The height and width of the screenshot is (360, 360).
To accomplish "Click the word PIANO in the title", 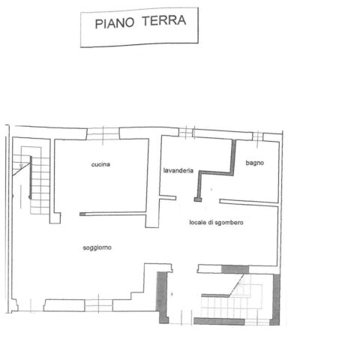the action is coord(115,23).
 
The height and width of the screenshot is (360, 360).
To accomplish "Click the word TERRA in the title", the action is coord(164,20).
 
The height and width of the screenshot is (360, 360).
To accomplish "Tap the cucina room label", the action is coord(100,164).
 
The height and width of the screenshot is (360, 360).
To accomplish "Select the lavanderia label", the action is coord(178,170).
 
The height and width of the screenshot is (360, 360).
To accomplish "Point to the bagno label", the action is coord(255,163).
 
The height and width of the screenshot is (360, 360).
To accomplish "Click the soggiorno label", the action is coord(97,247).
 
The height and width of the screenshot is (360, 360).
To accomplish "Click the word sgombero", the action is coord(229,223).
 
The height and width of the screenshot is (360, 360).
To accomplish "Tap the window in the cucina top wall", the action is coord(103,134).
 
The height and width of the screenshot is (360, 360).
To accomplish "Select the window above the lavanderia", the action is coord(186,133).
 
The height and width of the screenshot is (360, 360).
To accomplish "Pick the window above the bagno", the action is coord(258,136).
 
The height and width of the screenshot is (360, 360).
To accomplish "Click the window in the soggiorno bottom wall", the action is coord(98,305).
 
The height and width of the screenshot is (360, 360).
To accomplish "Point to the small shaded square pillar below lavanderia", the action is coord(198,199).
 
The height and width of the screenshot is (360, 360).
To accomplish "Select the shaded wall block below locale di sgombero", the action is coord(235,269).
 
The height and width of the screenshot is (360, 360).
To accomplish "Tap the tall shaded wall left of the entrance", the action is coord(162,298).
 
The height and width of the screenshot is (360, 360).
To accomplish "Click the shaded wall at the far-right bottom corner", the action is coord(276,299).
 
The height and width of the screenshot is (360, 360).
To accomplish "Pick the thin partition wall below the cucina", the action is coord(112,214).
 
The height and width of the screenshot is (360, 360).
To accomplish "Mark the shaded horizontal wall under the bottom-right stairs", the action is coord(219,321).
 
